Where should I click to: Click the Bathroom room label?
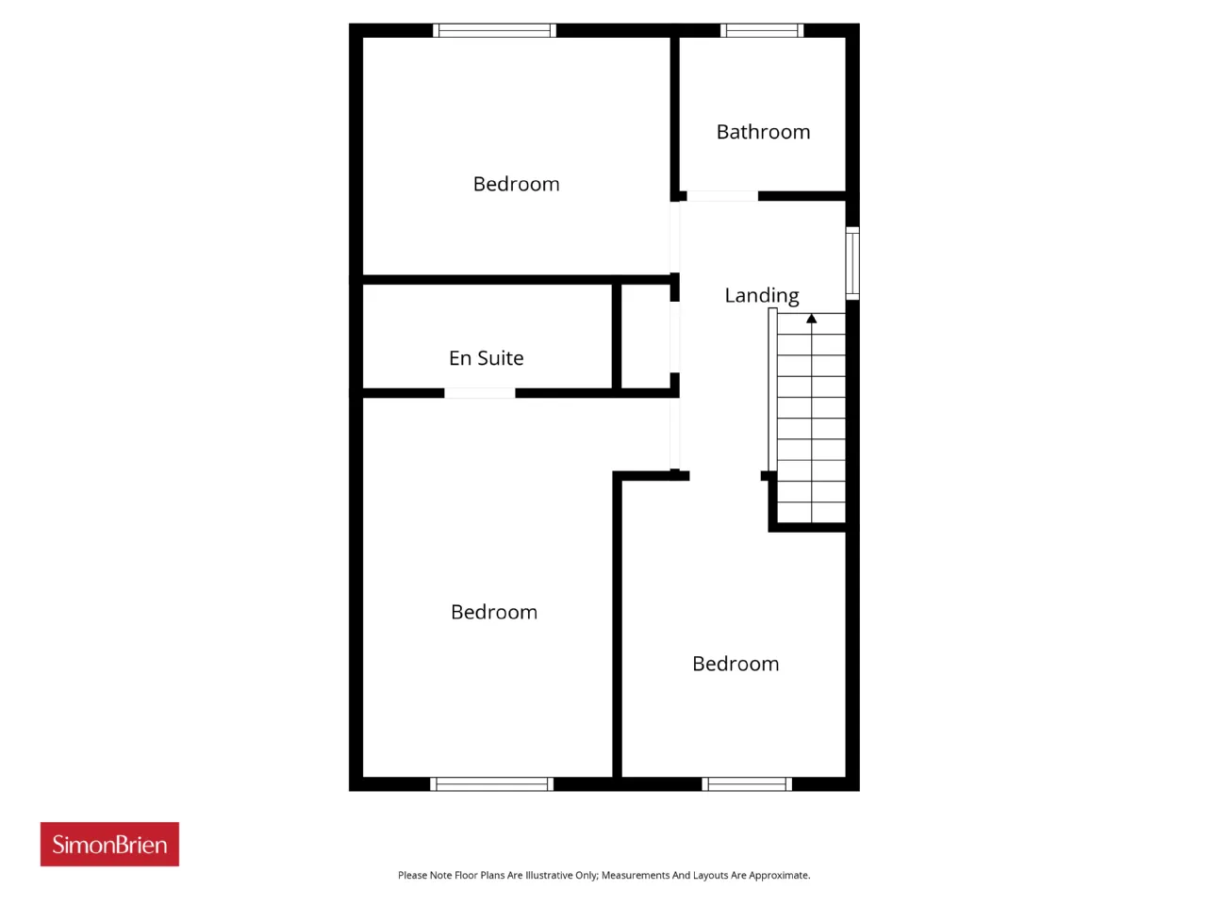(x=763, y=132)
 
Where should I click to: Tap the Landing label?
(x=762, y=296)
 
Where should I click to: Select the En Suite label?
(x=486, y=358)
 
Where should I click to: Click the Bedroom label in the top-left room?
(x=516, y=184)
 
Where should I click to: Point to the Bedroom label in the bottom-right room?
(x=736, y=664)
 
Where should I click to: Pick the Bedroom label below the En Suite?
(x=494, y=612)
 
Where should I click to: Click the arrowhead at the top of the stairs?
(x=811, y=318)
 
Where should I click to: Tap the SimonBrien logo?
(x=109, y=844)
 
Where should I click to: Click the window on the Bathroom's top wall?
(x=762, y=30)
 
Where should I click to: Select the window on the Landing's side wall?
(x=852, y=263)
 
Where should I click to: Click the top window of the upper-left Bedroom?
(x=494, y=30)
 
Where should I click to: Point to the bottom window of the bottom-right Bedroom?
(x=747, y=783)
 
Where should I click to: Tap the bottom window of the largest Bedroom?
(x=491, y=783)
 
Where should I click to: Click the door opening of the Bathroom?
(x=722, y=196)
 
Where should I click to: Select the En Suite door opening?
(x=480, y=393)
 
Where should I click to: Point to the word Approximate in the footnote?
(x=779, y=876)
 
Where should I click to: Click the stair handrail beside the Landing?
(x=772, y=389)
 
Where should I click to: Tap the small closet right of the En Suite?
(x=646, y=337)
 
